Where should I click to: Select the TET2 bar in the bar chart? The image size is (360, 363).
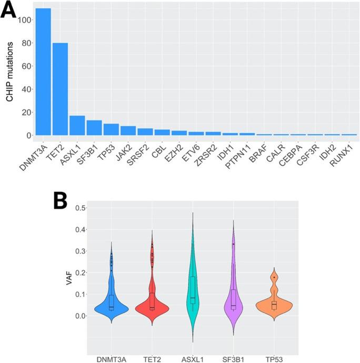pos(60,89)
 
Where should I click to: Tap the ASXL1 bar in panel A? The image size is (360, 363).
pos(77,126)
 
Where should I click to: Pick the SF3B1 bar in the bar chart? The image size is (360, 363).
pos(94,128)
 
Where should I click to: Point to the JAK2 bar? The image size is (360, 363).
pos(128,130)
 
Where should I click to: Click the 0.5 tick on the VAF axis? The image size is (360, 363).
pos(81,208)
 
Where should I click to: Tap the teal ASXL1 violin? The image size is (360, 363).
pos(193,300)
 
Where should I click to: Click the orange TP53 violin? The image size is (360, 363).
pos(274,305)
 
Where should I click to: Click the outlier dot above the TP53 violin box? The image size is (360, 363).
pos(274,277)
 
